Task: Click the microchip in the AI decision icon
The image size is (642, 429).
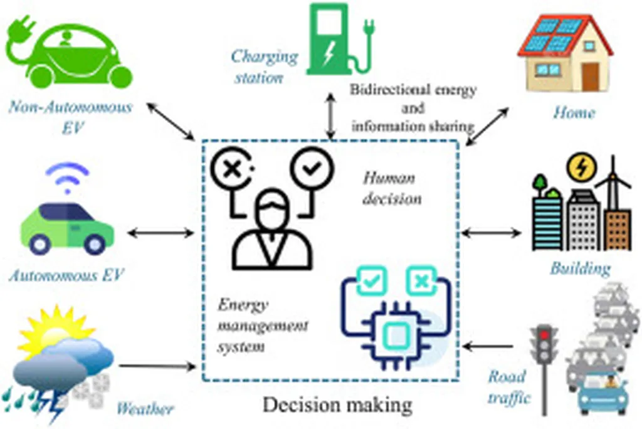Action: [x=396, y=337]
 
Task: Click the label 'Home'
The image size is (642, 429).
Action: [x=574, y=114]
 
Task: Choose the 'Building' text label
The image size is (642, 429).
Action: [x=580, y=269]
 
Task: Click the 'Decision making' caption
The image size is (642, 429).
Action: [x=337, y=405]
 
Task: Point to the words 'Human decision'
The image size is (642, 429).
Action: [x=392, y=188]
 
